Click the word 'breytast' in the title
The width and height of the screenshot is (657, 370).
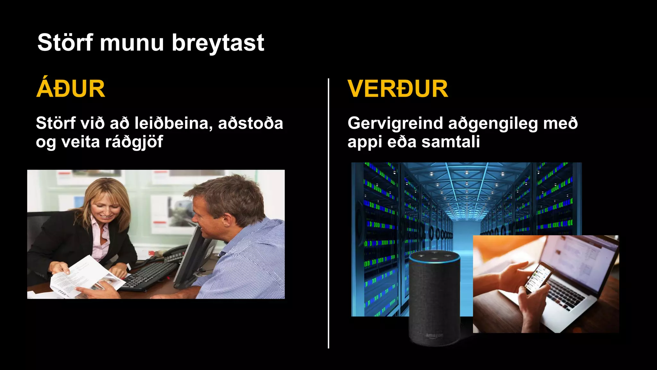pyautogui.click(x=218, y=43)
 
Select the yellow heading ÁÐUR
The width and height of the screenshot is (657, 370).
pyautogui.click(x=71, y=89)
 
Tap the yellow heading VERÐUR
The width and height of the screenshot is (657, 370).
pyautogui.click(x=397, y=89)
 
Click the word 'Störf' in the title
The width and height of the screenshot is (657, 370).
pyautogui.click(x=65, y=43)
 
